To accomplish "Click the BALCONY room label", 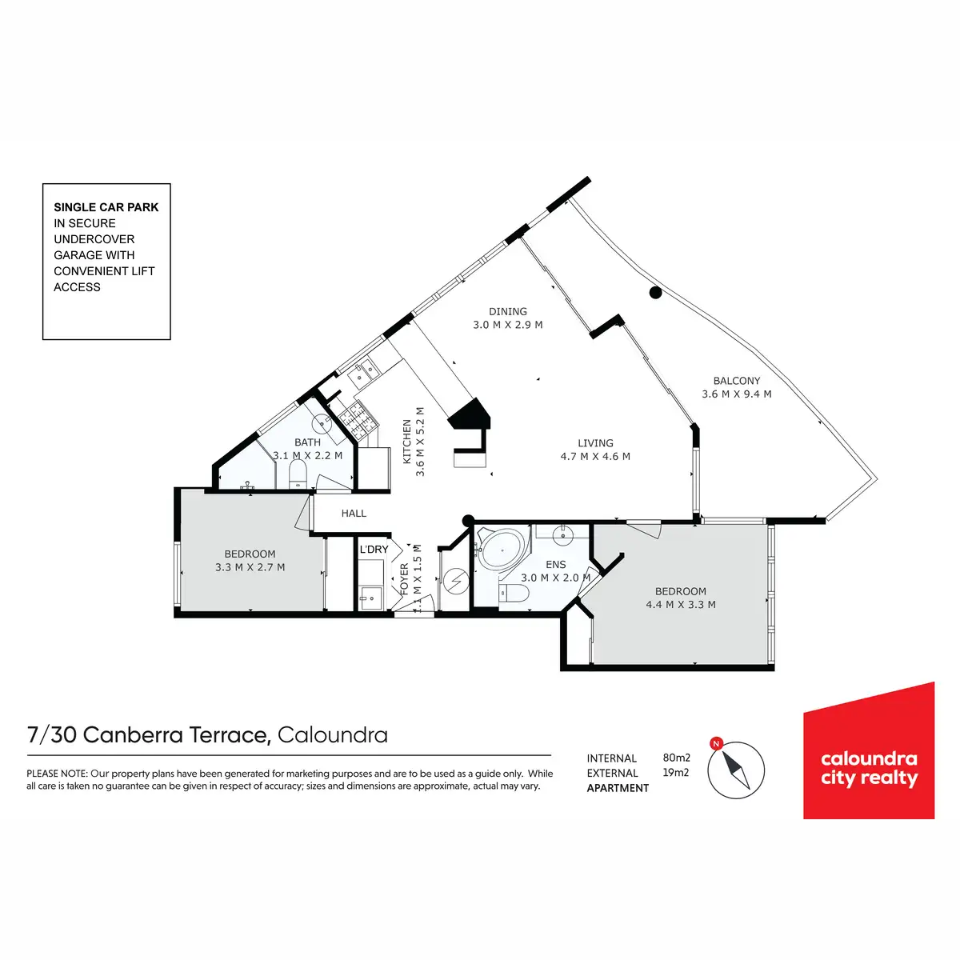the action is (x=736, y=381).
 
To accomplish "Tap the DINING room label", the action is (x=508, y=311).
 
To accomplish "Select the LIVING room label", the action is (x=595, y=443).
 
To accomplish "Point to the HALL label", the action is (x=354, y=514).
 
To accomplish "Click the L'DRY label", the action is (x=374, y=550).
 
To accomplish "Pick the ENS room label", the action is (x=555, y=565).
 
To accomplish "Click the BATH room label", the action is (x=307, y=442).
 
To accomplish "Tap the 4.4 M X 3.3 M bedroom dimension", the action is (x=681, y=605).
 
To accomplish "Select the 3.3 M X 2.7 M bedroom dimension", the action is (x=250, y=567).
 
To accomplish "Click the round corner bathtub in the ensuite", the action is (x=502, y=551).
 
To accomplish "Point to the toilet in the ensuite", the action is (x=512, y=593).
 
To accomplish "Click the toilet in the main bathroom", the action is (x=297, y=474).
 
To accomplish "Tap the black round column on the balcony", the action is (x=655, y=293).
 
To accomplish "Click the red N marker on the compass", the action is (x=717, y=744).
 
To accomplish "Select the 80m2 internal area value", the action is (x=676, y=758).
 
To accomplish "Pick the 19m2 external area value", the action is (x=676, y=773).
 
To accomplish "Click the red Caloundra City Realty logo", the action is (x=869, y=752).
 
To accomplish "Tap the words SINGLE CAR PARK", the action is (x=106, y=207).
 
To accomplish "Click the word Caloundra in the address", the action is (x=333, y=734).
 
